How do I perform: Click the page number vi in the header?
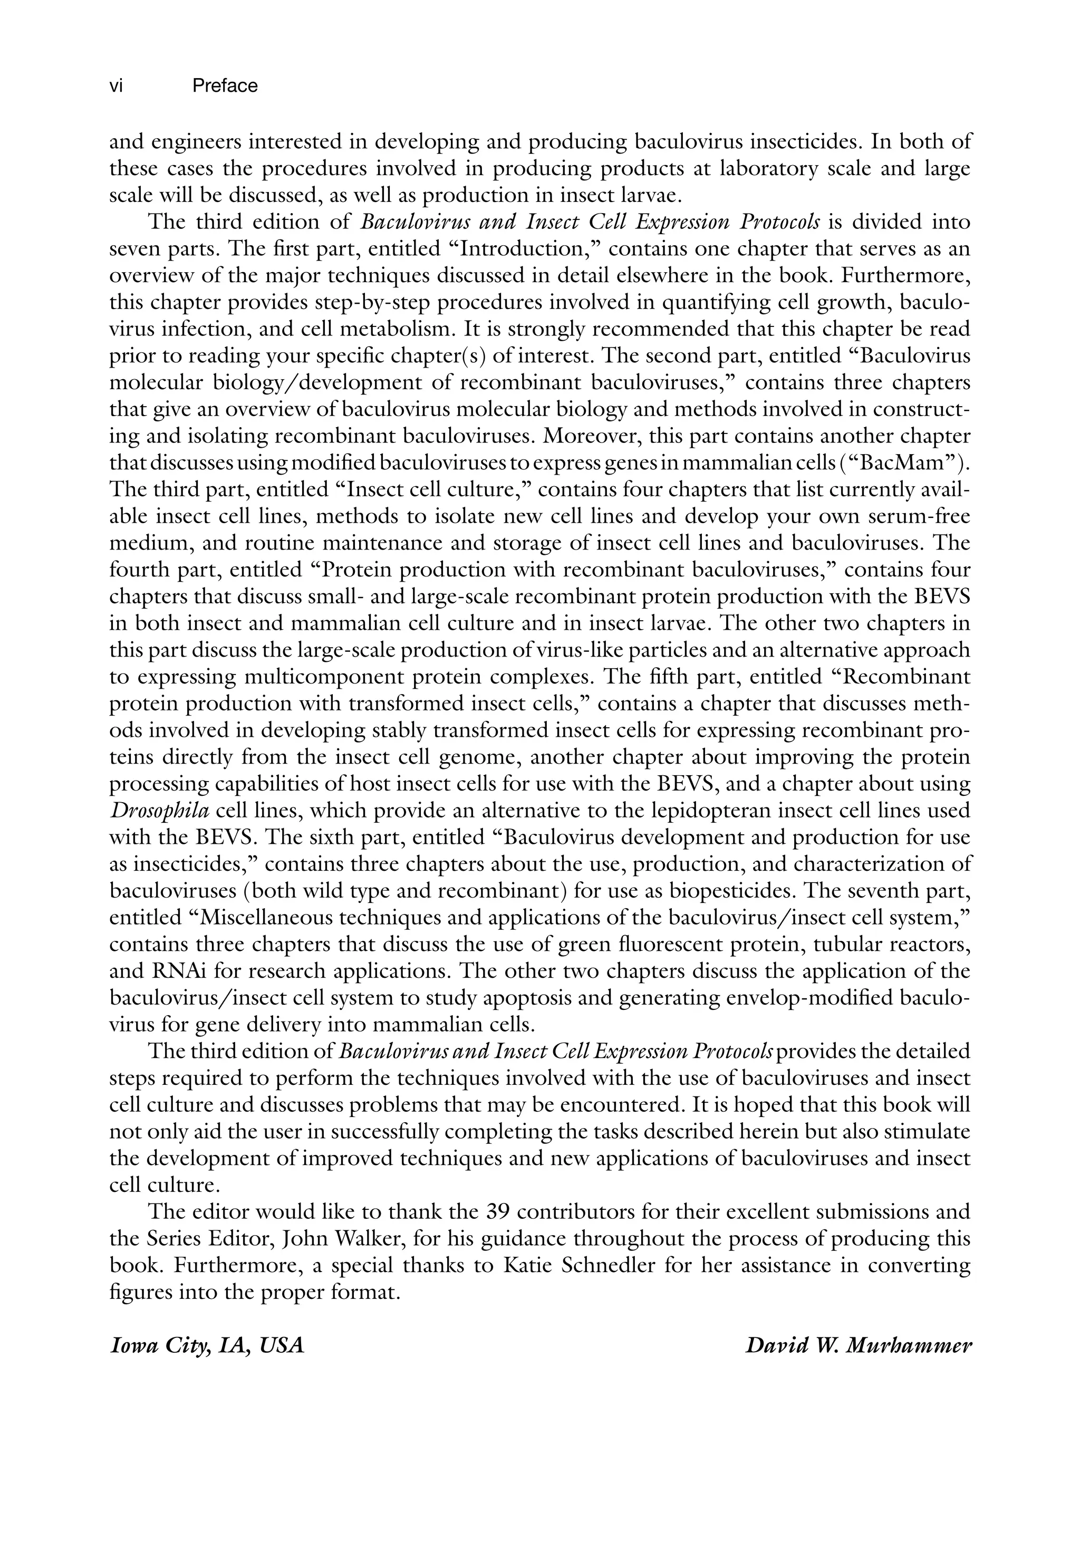[x=115, y=86]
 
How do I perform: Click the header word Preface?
[x=224, y=86]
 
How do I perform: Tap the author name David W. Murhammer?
[x=858, y=1345]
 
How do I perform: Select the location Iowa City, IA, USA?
[x=207, y=1345]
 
